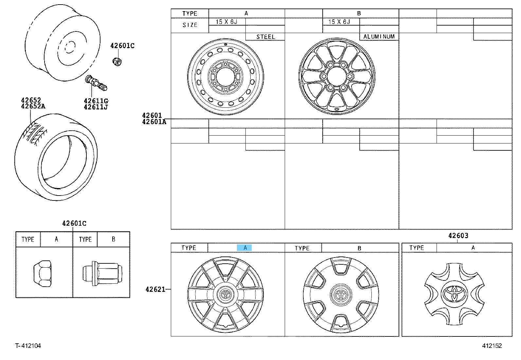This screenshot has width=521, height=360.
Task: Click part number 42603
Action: coord(458,236)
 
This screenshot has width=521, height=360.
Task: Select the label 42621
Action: coord(155,290)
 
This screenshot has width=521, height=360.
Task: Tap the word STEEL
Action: coord(266,37)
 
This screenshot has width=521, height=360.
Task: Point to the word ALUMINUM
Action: coord(379,37)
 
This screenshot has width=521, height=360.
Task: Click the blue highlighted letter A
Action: coord(244,248)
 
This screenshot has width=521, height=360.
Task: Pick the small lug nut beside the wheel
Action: coord(117,62)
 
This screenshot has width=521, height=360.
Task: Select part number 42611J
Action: coord(96,107)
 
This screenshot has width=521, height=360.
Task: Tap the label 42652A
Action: coord(33,106)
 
